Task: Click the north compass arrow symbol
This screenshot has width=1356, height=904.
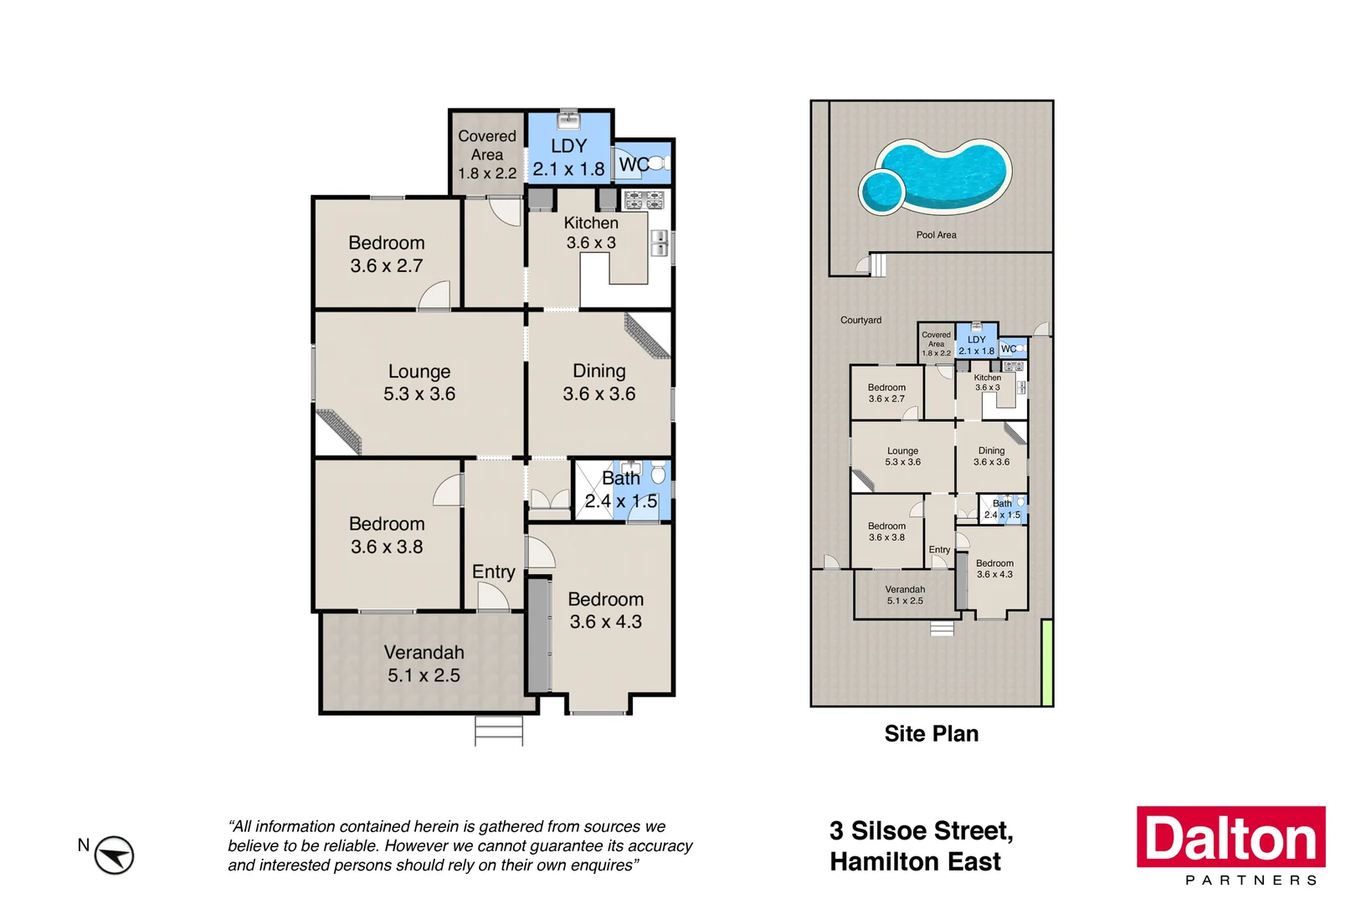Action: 114,855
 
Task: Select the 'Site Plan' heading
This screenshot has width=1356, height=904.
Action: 931,734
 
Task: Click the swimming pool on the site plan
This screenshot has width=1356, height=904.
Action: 942,177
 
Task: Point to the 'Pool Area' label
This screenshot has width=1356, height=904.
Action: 936,235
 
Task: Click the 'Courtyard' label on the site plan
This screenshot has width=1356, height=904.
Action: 860,321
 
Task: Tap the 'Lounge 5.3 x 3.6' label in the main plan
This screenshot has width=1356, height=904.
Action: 419,383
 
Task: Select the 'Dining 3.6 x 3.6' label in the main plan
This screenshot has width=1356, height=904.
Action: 599,383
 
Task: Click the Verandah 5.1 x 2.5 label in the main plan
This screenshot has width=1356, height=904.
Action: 424,664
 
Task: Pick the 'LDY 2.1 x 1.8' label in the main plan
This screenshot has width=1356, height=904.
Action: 568,157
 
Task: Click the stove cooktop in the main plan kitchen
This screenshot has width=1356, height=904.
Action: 645,200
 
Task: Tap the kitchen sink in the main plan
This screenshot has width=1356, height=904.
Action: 660,243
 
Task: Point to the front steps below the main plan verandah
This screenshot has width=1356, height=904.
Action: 499,731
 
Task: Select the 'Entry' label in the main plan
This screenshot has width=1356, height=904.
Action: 493,572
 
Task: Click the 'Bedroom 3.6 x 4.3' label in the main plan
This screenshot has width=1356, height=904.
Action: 606,610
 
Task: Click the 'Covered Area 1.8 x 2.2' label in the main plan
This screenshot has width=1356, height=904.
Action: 487,155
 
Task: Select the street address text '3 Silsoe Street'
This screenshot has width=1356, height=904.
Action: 921,831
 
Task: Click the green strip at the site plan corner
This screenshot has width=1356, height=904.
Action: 1046,662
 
